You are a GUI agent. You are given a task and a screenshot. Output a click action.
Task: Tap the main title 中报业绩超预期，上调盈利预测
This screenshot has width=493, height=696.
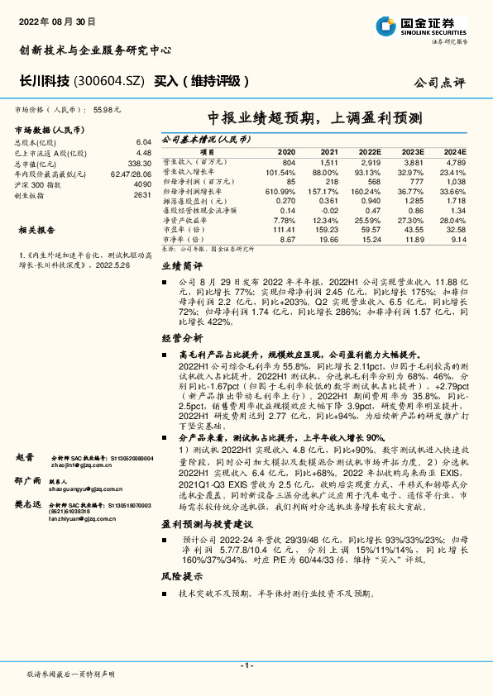tap(315, 118)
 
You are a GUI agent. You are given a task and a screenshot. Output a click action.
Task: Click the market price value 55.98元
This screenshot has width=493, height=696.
tap(108, 108)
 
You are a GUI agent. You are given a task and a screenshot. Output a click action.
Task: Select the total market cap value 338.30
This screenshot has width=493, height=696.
tap(139, 164)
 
